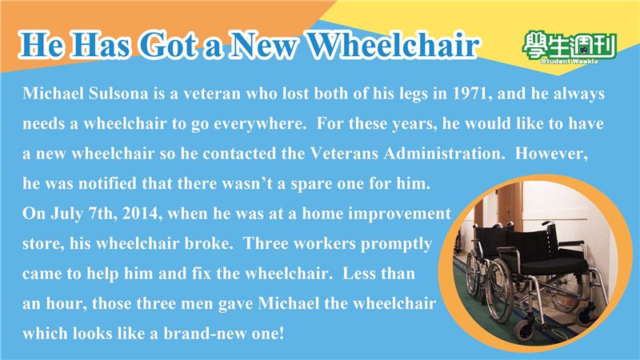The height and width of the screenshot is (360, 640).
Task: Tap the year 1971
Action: click(470, 94)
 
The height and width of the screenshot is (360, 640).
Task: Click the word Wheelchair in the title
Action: click(392, 45)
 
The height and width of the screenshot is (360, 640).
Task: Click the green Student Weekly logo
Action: click(569, 47)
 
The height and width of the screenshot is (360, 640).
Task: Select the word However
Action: click(551, 154)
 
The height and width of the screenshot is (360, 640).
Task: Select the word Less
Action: click(357, 274)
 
